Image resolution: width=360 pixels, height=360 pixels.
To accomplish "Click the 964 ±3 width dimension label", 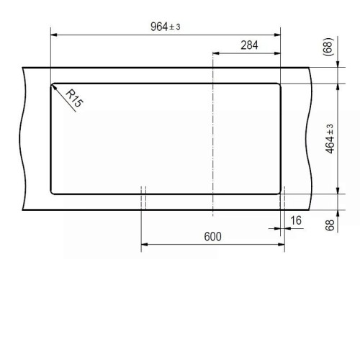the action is (165, 27).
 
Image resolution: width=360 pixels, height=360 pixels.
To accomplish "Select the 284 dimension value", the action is (249, 45).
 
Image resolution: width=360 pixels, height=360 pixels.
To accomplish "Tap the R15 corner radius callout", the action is (74, 98).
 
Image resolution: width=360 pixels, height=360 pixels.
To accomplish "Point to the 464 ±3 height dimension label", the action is (330, 139).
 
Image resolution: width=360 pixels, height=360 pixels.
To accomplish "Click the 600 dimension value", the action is (212, 237).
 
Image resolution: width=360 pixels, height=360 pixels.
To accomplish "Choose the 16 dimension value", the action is (296, 220).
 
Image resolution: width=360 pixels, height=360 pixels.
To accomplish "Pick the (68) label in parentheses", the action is (328, 47).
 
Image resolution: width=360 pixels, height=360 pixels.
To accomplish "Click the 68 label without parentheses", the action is (330, 225).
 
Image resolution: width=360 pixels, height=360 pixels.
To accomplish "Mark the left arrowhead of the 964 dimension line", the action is (54, 35).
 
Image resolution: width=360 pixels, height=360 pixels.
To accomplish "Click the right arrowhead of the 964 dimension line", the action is (277, 35).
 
